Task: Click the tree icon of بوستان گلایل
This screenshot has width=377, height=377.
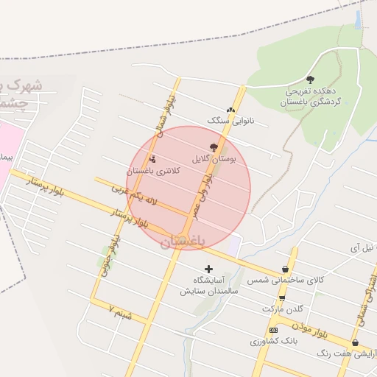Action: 214,147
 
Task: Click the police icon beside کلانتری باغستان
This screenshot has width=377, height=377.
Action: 152,160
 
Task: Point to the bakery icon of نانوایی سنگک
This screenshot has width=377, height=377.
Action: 231,110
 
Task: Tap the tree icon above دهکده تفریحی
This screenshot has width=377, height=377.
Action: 310,80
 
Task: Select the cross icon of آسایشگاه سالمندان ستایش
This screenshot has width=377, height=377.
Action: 209,269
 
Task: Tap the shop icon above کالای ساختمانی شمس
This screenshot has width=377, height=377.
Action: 285,269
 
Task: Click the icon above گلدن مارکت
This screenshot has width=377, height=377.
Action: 282,297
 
